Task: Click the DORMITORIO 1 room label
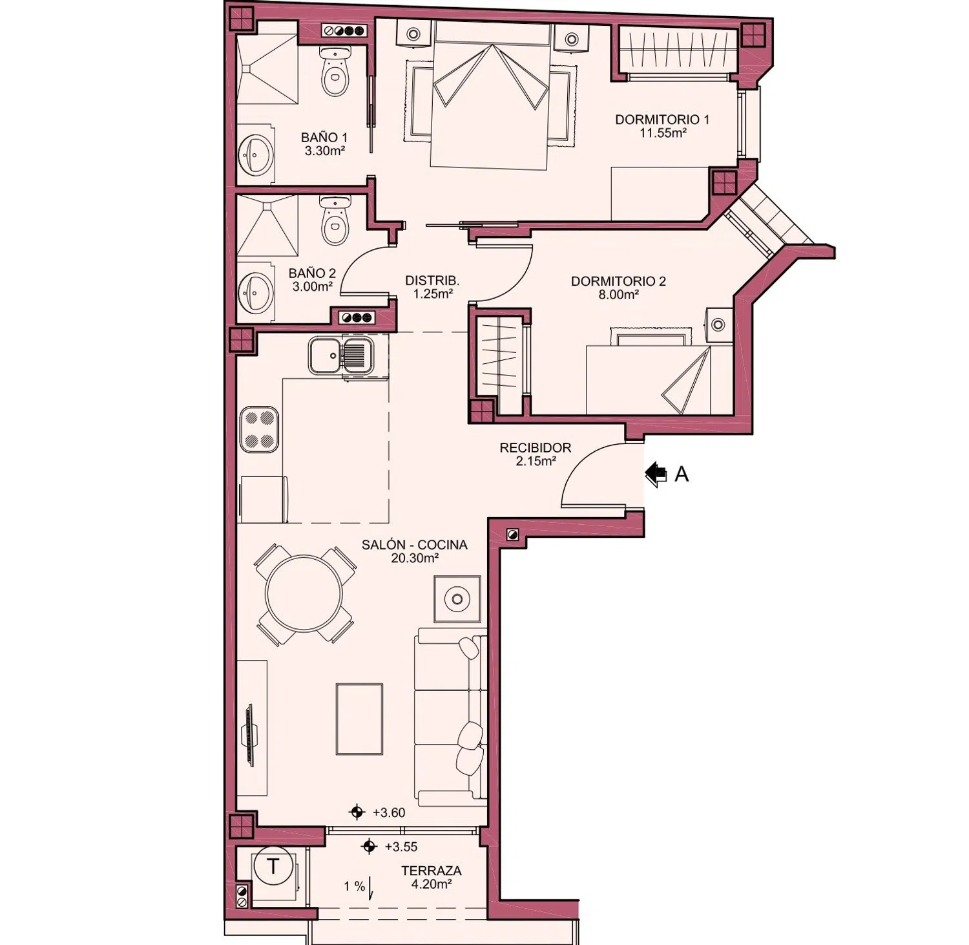click(662, 120)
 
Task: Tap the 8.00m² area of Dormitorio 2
click(619, 295)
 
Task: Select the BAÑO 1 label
click(324, 137)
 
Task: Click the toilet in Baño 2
click(335, 221)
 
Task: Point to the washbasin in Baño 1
click(256, 154)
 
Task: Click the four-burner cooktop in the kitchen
click(259, 430)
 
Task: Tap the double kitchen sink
click(340, 355)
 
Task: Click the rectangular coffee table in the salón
click(359, 719)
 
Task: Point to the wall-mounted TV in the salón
click(249, 736)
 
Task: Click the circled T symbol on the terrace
click(273, 866)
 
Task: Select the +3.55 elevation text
click(401, 847)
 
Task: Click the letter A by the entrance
click(682, 474)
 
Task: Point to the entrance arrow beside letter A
click(656, 474)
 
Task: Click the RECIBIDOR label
click(536, 448)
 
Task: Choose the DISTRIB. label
click(432, 281)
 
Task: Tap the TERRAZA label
click(432, 871)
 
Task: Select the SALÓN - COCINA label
click(415, 545)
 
